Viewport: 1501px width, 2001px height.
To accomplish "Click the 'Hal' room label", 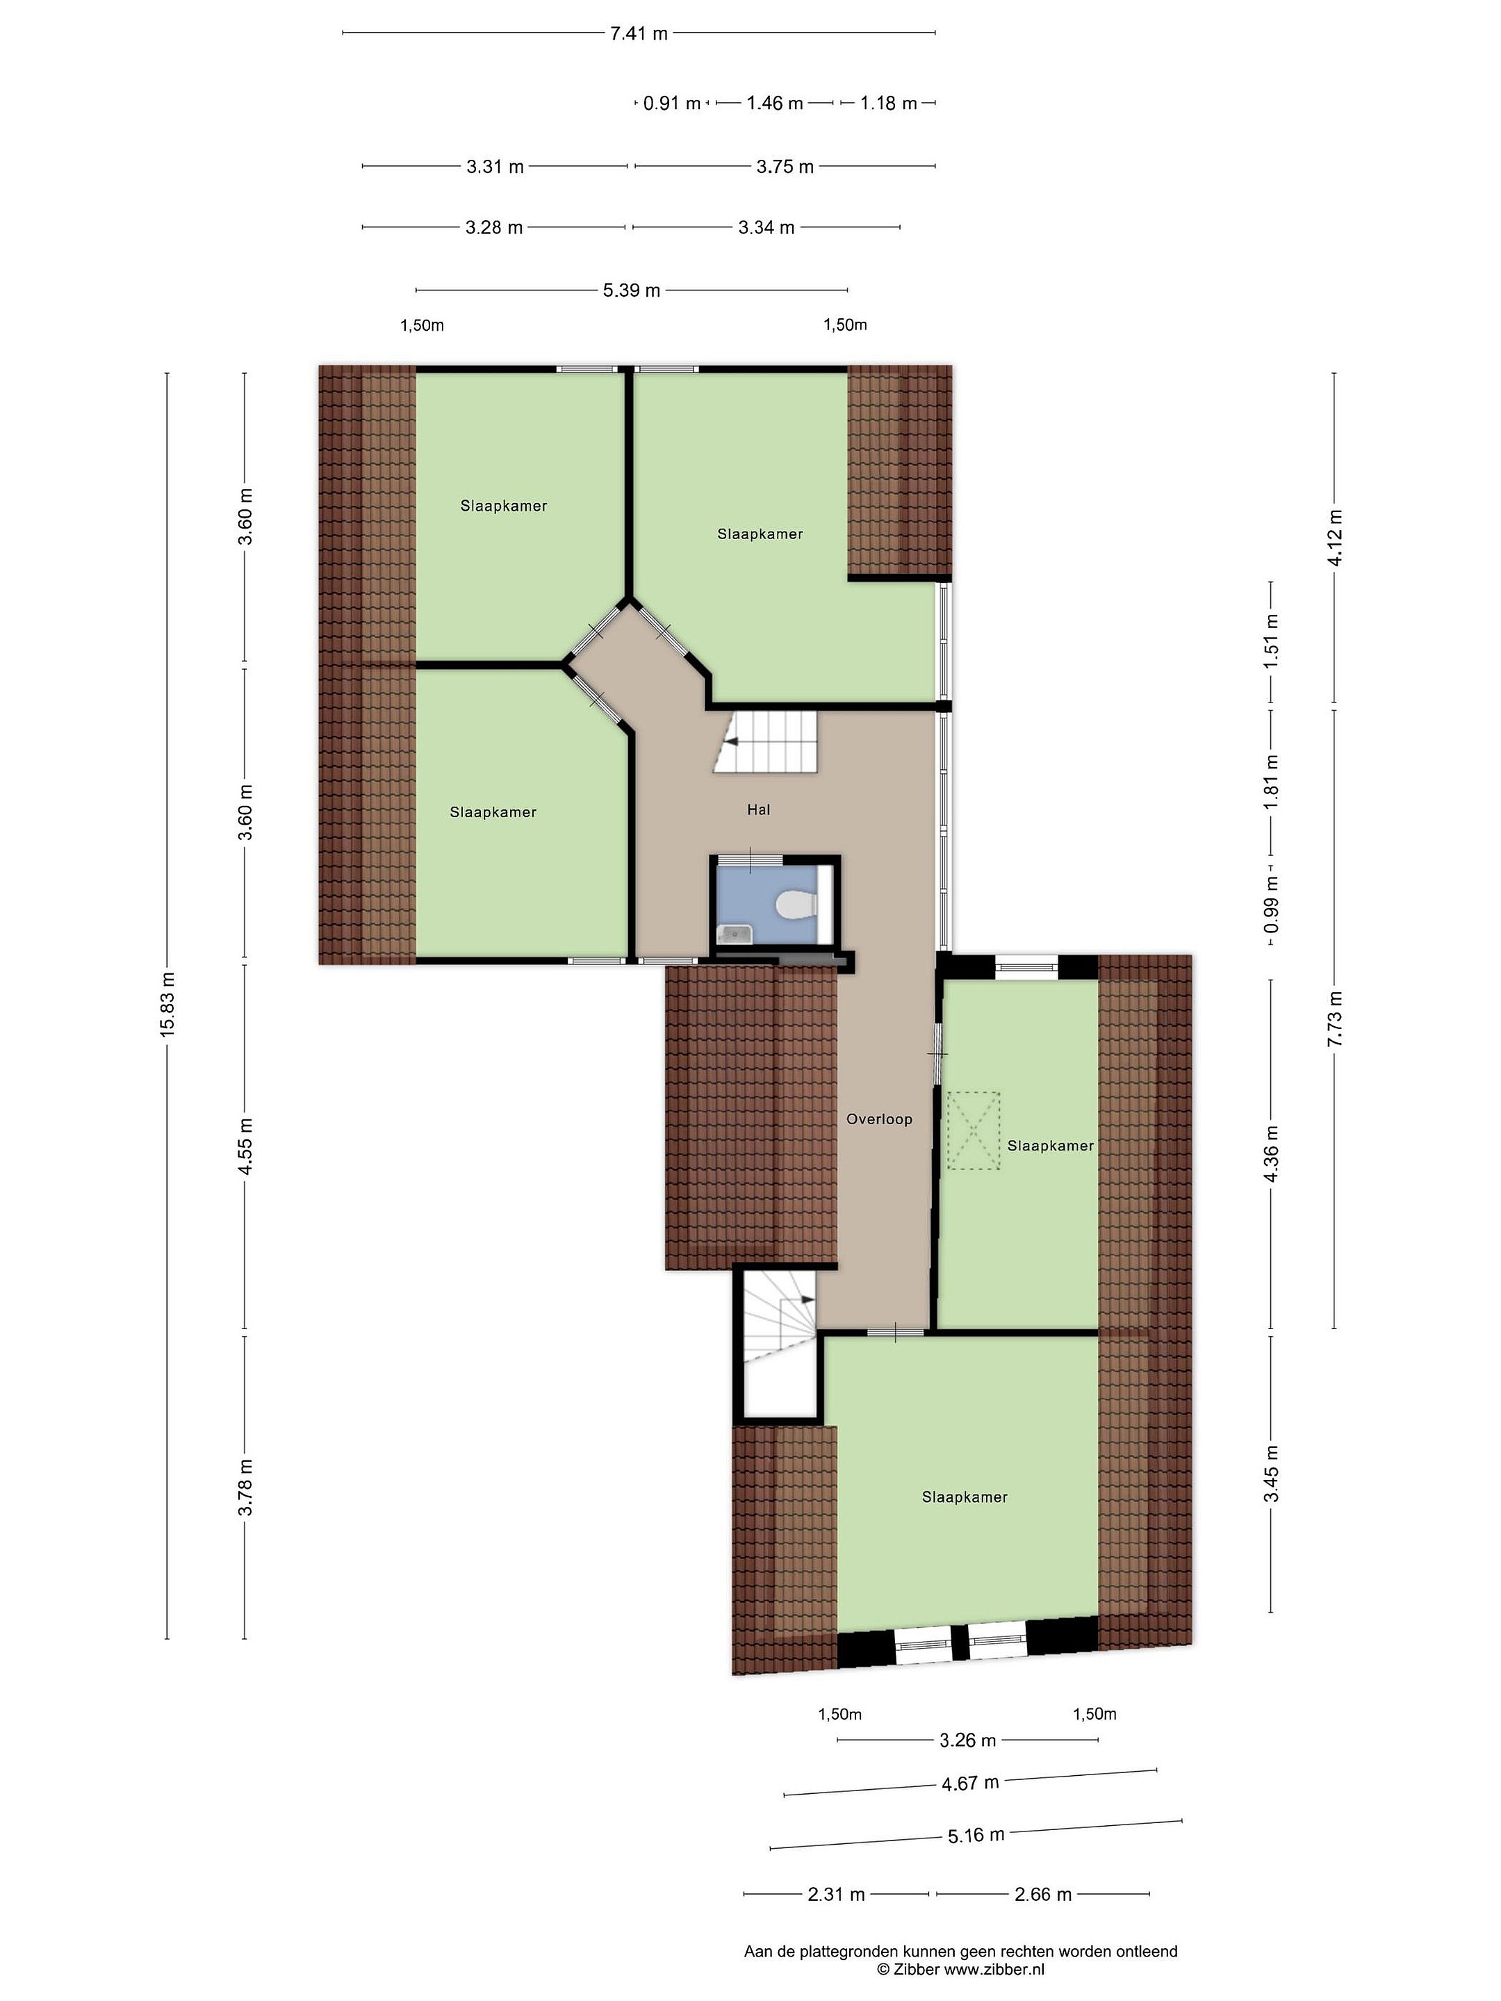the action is pyautogui.click(x=759, y=809).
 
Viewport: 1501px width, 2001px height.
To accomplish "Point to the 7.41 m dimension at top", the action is pyautogui.click(x=639, y=33).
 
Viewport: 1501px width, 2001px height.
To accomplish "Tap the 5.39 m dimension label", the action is pyautogui.click(x=632, y=290).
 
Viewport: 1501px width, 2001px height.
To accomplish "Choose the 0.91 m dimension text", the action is pyautogui.click(x=672, y=103).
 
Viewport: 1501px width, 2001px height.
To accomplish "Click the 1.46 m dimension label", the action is pyautogui.click(x=775, y=103).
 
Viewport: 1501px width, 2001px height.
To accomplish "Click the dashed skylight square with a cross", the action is pyautogui.click(x=974, y=1130).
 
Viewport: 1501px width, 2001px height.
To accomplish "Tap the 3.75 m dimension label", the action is pyautogui.click(x=785, y=167).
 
